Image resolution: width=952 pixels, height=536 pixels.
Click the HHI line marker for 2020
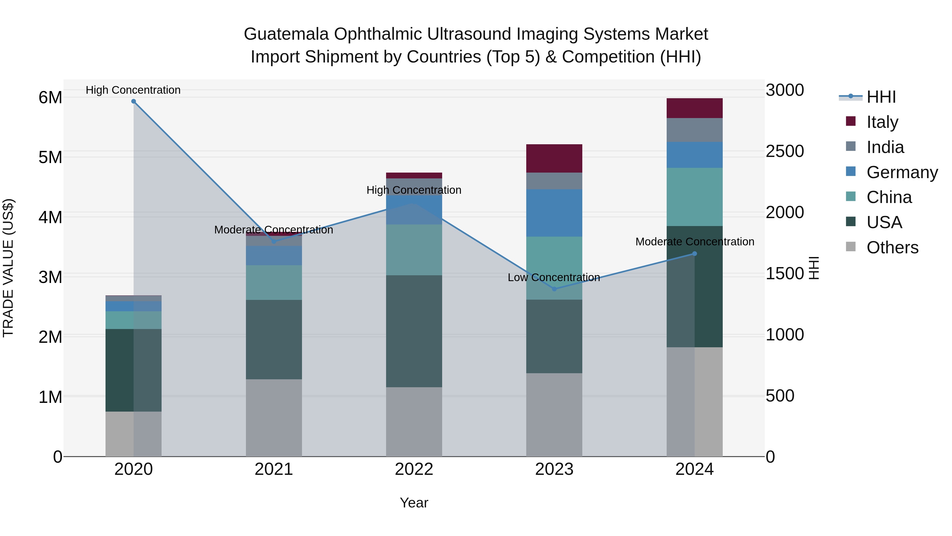coord(134,101)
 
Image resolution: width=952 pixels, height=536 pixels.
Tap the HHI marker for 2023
coord(554,289)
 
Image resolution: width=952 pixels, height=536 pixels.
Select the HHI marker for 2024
coord(694,254)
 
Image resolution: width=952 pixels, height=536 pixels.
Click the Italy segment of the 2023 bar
coord(554,158)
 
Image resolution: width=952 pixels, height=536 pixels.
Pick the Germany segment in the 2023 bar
coord(554,213)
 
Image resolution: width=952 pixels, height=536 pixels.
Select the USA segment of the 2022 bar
coord(414,331)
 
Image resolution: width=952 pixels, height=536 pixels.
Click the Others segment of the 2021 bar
coord(274,418)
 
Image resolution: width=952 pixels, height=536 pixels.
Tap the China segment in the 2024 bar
coord(694,197)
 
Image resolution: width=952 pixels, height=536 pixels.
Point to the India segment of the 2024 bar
coord(694,130)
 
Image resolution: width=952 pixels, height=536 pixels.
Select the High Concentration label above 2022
coord(414,190)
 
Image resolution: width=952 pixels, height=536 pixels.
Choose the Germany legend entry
coord(902,172)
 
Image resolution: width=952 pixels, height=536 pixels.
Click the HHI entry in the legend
coord(881,97)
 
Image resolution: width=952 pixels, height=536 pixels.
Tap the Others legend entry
coord(892,247)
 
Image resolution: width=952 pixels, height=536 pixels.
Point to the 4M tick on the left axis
coord(50,217)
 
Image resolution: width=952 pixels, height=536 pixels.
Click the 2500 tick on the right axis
coord(785,151)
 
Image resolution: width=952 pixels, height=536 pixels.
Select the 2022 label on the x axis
coord(414,469)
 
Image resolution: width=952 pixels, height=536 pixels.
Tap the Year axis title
coord(414,503)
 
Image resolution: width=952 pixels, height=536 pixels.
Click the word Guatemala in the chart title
coord(286,34)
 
